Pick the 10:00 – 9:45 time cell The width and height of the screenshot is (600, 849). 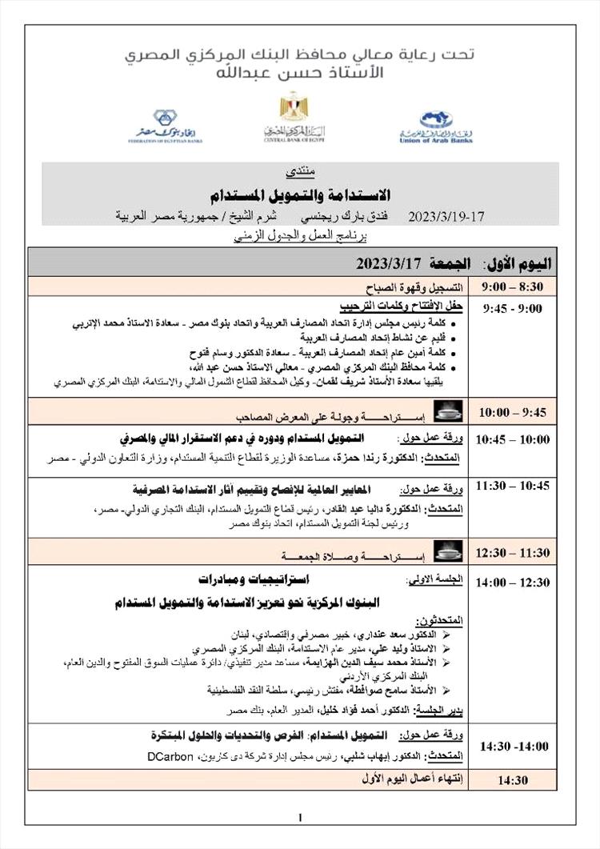tap(514, 412)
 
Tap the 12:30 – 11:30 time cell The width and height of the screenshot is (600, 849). tap(514, 552)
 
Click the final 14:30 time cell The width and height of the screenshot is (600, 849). tap(514, 779)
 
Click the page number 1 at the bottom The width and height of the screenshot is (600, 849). tap(299, 817)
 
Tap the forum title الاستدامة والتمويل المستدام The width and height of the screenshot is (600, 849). tap(299, 194)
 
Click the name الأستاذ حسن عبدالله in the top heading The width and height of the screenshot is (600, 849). tap(299, 74)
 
